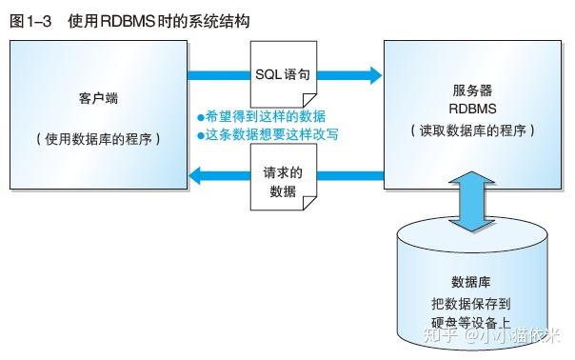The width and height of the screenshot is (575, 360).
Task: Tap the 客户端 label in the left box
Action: pyautogui.click(x=100, y=99)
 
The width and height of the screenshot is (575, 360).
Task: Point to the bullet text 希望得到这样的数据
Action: pyautogui.click(x=262, y=115)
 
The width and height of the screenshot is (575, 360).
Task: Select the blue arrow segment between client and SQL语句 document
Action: pyautogui.click(x=219, y=72)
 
